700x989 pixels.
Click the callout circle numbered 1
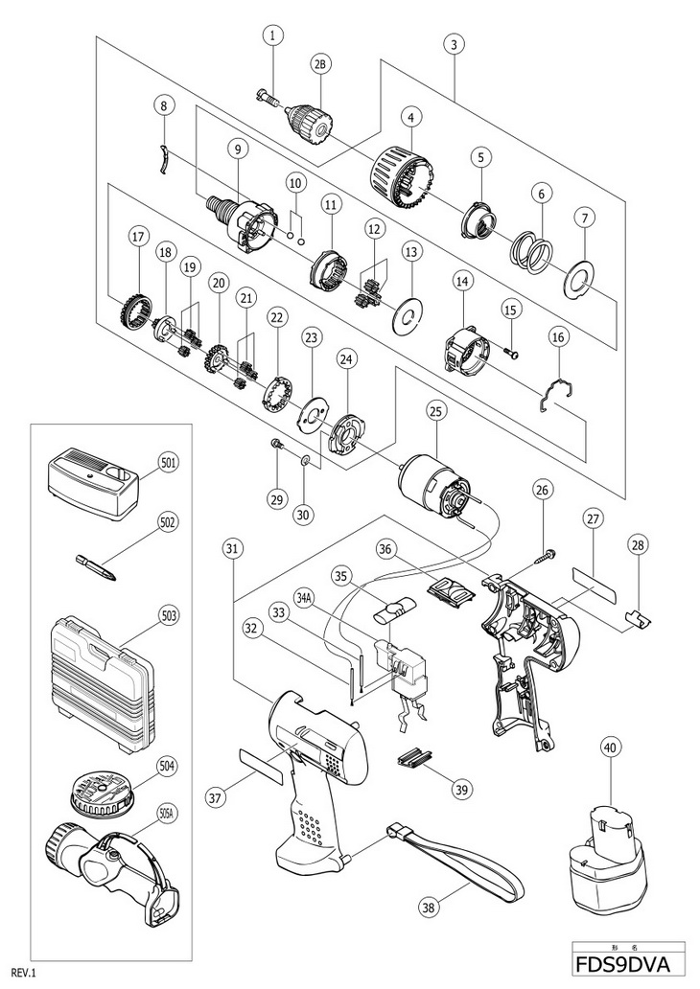click(x=274, y=35)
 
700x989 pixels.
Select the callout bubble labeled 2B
click(x=319, y=65)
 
